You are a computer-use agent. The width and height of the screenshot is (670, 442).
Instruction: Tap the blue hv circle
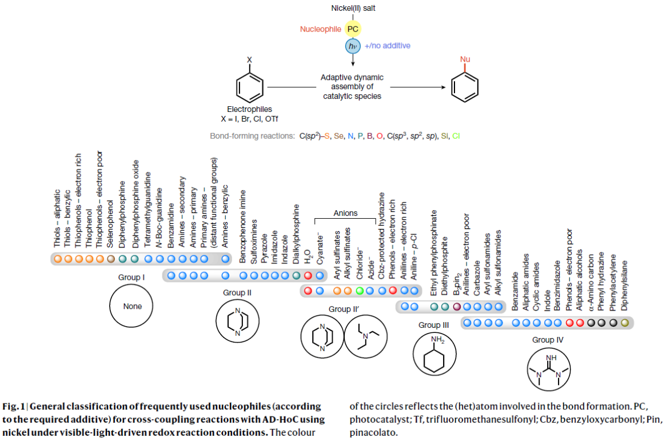[x=353, y=46]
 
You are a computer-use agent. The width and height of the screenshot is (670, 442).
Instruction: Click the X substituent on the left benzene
[x=249, y=59]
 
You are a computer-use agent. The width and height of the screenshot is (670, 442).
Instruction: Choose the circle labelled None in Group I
[x=133, y=306]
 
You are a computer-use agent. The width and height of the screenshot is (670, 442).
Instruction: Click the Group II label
[x=238, y=293]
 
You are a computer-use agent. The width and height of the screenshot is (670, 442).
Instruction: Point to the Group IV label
[x=547, y=339]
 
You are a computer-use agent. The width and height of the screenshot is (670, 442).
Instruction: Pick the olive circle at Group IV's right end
[x=625, y=323]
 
